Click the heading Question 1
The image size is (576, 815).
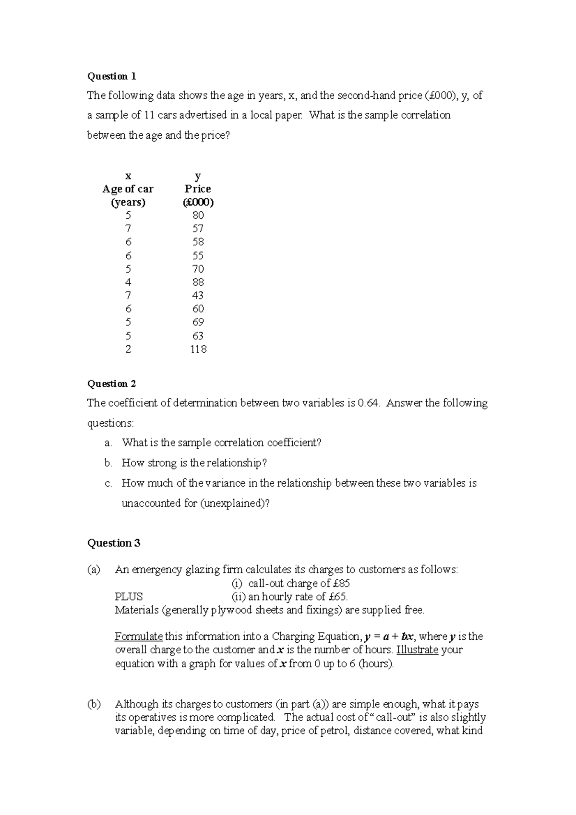pyautogui.click(x=111, y=76)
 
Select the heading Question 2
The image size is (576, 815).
pyautogui.click(x=111, y=384)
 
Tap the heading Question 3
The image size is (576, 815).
pyautogui.click(x=113, y=543)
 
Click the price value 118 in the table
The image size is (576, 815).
pyautogui.click(x=198, y=349)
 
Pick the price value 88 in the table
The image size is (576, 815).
pyautogui.click(x=198, y=282)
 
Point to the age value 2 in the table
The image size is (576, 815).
pyautogui.click(x=128, y=349)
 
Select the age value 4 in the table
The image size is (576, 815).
pyautogui.click(x=128, y=282)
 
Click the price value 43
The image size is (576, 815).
pyautogui.click(x=198, y=295)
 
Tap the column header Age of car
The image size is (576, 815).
pyautogui.click(x=128, y=189)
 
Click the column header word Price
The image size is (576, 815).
pyautogui.click(x=198, y=189)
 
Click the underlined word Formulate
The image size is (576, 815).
pyautogui.click(x=139, y=636)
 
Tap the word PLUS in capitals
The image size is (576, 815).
pyautogui.click(x=129, y=597)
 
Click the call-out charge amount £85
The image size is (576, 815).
pyautogui.click(x=341, y=583)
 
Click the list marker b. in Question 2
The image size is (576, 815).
pyautogui.click(x=108, y=463)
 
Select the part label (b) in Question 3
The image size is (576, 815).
pyautogui.click(x=94, y=704)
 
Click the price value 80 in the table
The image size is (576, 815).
pyautogui.click(x=198, y=215)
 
